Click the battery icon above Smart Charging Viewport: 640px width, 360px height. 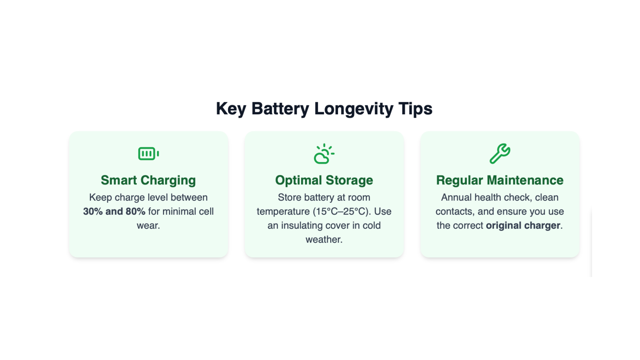tap(148, 154)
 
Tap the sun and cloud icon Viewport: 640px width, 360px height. tap(324, 154)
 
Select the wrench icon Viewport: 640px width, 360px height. tap(500, 154)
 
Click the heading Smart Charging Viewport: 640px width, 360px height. tap(148, 180)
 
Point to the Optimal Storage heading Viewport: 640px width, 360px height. tap(324, 180)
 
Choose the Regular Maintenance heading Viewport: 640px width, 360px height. tap(500, 180)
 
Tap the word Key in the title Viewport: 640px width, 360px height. tap(231, 109)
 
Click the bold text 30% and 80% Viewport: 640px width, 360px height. tap(114, 211)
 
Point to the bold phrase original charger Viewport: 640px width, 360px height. tap(523, 225)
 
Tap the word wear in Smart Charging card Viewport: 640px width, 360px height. tap(147, 225)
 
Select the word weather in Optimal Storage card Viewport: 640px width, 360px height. tap(323, 239)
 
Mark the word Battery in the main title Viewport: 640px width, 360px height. tap(280, 109)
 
